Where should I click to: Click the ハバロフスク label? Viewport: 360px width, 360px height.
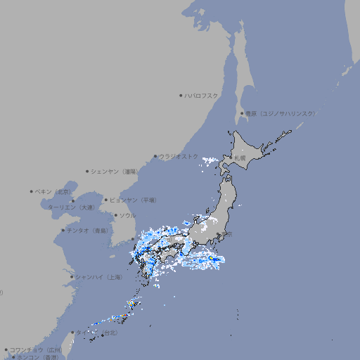point(202,95)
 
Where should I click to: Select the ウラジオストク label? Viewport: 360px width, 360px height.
point(179,156)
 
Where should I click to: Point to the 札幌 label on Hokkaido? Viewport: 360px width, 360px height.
point(240,158)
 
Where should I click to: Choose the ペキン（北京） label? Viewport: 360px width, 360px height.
point(54,191)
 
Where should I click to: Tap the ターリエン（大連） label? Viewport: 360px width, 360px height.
point(71,207)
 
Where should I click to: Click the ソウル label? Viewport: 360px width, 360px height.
point(127,215)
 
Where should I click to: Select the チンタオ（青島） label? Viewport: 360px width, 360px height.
point(87,230)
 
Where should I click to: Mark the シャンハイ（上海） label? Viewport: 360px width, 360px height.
point(98,277)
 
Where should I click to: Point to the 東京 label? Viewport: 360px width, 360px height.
point(225,234)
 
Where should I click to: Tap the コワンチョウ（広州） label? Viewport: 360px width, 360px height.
point(36,349)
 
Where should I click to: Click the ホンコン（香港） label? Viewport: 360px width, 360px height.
point(39,357)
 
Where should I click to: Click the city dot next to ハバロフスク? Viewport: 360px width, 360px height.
point(181,95)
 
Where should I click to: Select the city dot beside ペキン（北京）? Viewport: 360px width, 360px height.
point(32,191)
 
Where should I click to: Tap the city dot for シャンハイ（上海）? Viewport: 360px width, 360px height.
point(72,277)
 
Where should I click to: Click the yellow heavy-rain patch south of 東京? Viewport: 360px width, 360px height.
point(211,259)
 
